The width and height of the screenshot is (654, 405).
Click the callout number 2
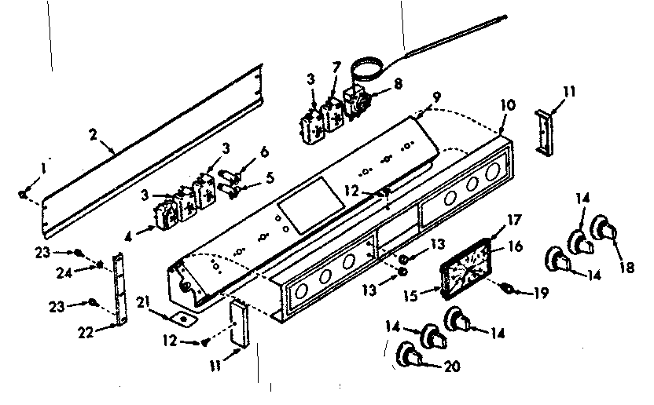pyautogui.click(x=94, y=135)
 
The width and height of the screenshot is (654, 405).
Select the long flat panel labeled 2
pyautogui.click(x=149, y=155)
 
